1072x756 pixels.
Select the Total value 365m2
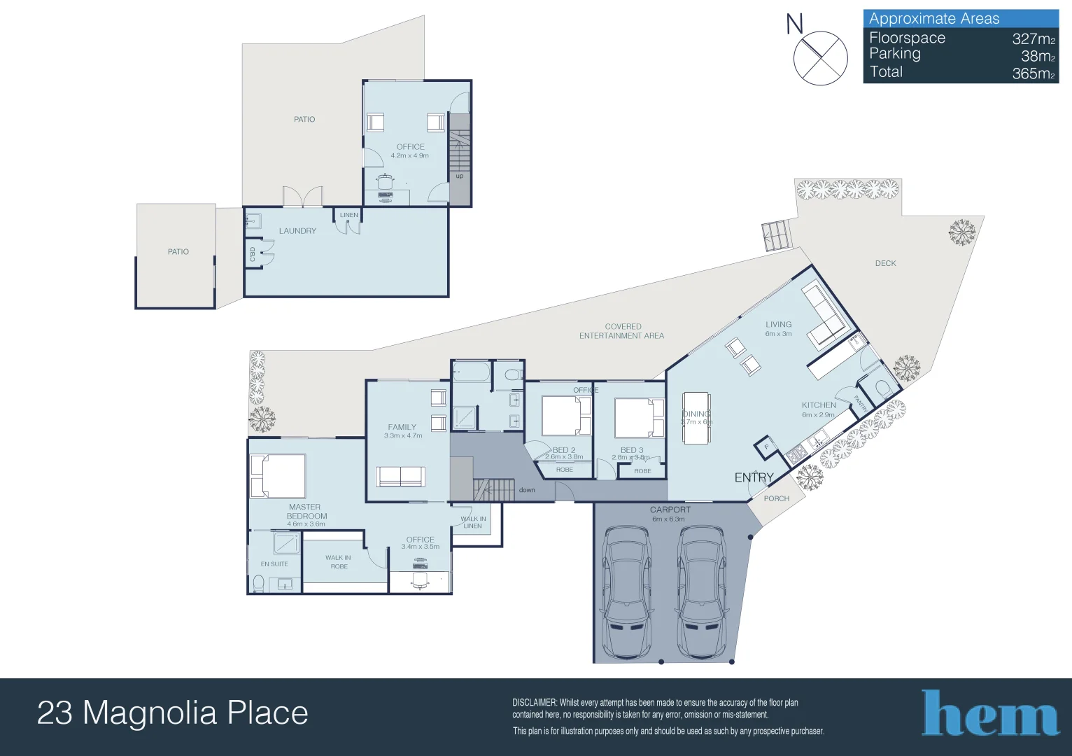click(x=1033, y=73)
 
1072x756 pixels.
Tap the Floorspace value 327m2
click(x=1033, y=39)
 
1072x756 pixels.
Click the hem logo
click(x=989, y=714)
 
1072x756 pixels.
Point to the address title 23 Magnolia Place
click(x=172, y=713)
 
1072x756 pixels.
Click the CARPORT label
click(x=670, y=510)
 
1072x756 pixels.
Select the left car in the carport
click(x=628, y=592)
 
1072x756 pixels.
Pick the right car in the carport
click(x=701, y=592)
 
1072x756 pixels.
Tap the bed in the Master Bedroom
click(x=278, y=476)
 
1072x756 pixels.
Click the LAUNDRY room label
click(x=297, y=231)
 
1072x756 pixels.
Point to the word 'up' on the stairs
click(x=460, y=176)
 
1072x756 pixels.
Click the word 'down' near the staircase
click(x=527, y=490)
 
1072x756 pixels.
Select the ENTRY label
click(x=754, y=477)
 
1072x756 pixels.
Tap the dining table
click(x=696, y=418)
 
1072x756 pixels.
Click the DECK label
click(x=885, y=263)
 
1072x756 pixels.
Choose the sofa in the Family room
click(x=400, y=476)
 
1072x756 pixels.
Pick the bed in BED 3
click(x=639, y=418)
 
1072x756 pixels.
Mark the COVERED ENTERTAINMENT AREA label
click(x=622, y=331)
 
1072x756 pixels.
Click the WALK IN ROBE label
click(x=339, y=562)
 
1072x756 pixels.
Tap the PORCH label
click(x=776, y=498)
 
